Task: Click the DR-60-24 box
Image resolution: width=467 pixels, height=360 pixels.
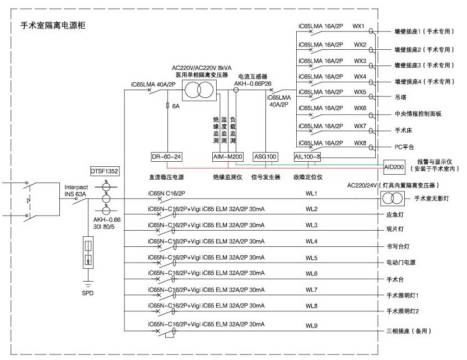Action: point(167,157)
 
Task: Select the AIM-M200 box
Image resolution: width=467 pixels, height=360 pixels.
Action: point(227,157)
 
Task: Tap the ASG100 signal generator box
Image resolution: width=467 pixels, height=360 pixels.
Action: point(265,157)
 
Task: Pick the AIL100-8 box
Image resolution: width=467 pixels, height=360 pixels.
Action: point(307,157)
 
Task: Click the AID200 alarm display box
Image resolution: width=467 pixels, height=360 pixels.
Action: point(393,166)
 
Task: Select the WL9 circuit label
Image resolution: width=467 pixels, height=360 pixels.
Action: point(311,325)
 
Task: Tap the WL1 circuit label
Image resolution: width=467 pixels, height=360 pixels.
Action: point(311,194)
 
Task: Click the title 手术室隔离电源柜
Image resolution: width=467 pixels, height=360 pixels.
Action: point(53,26)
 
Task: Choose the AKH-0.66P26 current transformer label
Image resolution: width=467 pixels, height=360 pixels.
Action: point(253,82)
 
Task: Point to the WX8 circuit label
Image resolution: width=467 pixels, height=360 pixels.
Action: point(359,143)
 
